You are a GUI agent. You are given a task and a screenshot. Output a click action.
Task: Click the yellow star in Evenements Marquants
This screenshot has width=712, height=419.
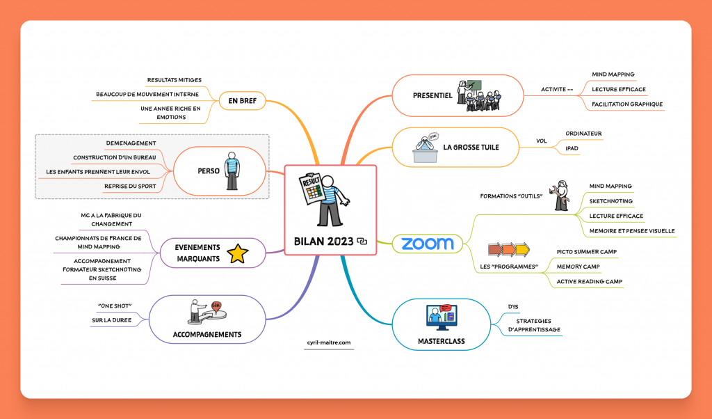pyautogui.click(x=238, y=253)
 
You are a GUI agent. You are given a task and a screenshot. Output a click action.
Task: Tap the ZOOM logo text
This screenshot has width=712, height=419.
pyautogui.click(x=428, y=243)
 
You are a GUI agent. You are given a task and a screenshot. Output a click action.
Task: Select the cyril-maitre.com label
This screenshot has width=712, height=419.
pyautogui.click(x=330, y=342)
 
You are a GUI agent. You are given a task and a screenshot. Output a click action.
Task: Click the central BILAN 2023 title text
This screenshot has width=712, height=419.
pyautogui.click(x=324, y=242)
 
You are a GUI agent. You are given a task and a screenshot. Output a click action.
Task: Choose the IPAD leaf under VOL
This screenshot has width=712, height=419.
pyautogui.click(x=572, y=148)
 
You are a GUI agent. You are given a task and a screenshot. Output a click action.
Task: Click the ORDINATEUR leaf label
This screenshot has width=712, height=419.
pyautogui.click(x=583, y=133)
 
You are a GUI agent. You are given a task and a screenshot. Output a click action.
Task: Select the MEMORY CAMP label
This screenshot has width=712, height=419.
pyautogui.click(x=578, y=267)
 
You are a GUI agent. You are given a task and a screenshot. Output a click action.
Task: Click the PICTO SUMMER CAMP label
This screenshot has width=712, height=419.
pyautogui.click(x=587, y=251)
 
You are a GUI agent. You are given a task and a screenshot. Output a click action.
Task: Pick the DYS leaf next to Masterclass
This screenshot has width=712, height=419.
pyautogui.click(x=514, y=306)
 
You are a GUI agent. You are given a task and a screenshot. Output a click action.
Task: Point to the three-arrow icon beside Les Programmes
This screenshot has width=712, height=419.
pyautogui.click(x=509, y=248)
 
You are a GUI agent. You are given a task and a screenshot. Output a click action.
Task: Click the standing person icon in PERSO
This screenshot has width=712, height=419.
pyautogui.click(x=231, y=171)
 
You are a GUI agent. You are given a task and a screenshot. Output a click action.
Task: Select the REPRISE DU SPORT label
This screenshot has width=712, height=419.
pyautogui.click(x=131, y=186)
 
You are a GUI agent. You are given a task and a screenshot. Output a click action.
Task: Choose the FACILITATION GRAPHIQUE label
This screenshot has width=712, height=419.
pyautogui.click(x=627, y=104)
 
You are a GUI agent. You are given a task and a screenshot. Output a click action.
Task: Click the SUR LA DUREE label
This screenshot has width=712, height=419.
pyautogui.click(x=111, y=320)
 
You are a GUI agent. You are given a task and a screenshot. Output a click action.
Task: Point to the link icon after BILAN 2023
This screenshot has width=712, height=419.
pyautogui.click(x=362, y=242)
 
